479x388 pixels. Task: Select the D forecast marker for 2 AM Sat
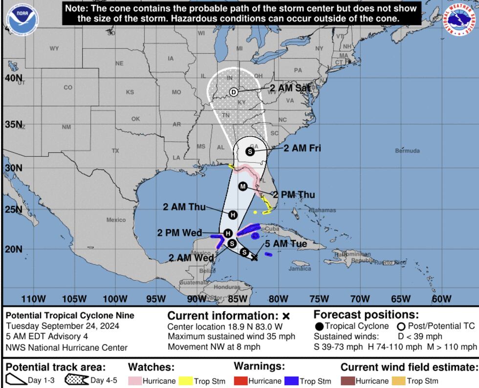coord(234,92)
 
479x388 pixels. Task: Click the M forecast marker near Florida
coord(243,186)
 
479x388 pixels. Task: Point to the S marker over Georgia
coord(250,151)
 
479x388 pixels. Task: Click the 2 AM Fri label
coord(303,148)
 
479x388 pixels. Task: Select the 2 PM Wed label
coord(179,233)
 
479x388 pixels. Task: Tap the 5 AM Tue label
coord(286,243)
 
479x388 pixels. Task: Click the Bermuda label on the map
coord(407,151)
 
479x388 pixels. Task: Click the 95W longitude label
coord(156,299)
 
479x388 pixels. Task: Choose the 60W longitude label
coord(441,299)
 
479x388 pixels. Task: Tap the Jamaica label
coord(300,269)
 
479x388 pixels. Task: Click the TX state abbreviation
coord(115,151)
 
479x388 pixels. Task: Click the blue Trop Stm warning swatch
coord(291,381)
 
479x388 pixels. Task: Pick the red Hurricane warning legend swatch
coord(240,381)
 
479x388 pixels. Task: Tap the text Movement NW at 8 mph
coord(214,347)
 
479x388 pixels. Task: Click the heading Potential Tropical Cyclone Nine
coord(70,316)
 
